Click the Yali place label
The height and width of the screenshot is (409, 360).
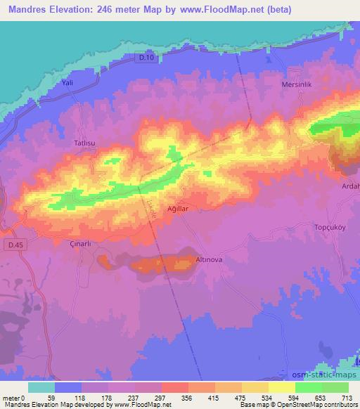tap(68, 82)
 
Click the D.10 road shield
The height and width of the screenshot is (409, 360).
tap(145, 58)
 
